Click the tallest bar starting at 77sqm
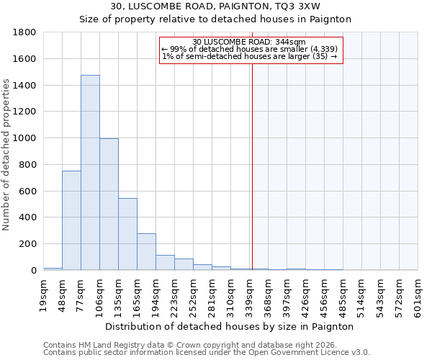click(x=90, y=173)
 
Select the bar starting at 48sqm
click(x=71, y=220)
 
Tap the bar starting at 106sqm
click(x=109, y=204)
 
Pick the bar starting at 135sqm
click(x=127, y=234)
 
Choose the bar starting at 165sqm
click(x=146, y=252)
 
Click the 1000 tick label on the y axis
click(x=25, y=138)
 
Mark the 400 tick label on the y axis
click(x=28, y=217)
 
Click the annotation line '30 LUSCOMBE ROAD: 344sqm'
click(x=250, y=42)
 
